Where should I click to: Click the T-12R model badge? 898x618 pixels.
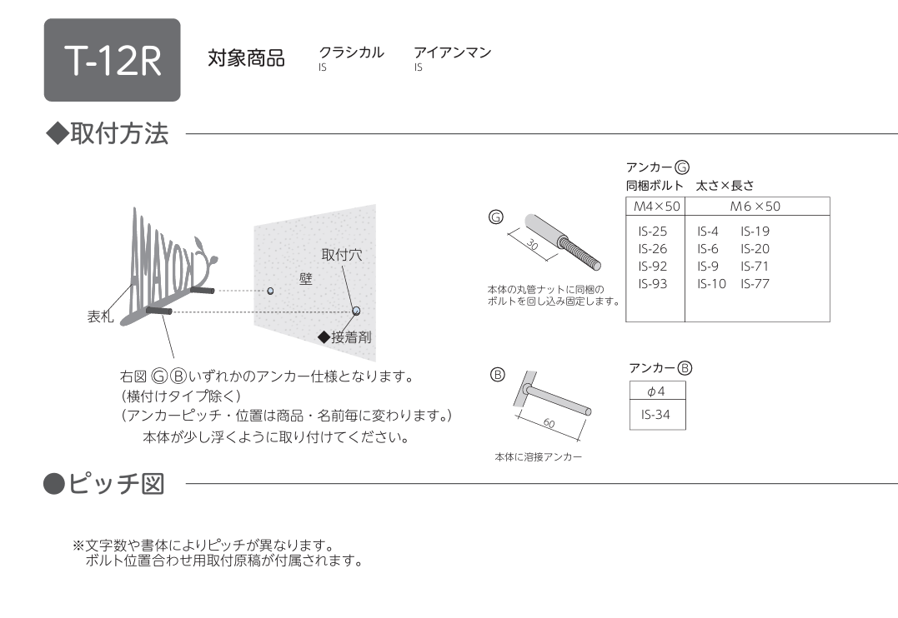click(113, 60)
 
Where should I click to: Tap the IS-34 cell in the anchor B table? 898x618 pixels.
click(655, 415)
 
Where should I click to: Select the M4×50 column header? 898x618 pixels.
click(656, 207)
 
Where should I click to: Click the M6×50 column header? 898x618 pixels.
click(755, 207)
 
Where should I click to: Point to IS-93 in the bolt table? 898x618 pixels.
click(653, 284)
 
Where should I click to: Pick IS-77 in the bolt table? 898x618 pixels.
click(755, 284)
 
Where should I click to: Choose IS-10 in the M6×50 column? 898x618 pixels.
click(712, 284)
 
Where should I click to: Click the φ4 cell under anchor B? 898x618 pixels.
click(656, 391)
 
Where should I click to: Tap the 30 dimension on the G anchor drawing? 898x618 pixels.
click(532, 245)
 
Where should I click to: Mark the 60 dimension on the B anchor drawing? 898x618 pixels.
click(549, 423)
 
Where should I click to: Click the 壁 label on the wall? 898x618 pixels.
click(306, 279)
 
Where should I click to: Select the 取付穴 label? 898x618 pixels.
click(342, 255)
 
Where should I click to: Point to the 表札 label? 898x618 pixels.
click(100, 316)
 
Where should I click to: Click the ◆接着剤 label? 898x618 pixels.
click(344, 337)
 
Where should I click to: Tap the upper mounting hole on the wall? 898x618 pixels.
click(270, 291)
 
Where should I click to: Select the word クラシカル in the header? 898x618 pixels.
click(351, 52)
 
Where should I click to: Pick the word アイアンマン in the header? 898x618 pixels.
click(453, 52)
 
